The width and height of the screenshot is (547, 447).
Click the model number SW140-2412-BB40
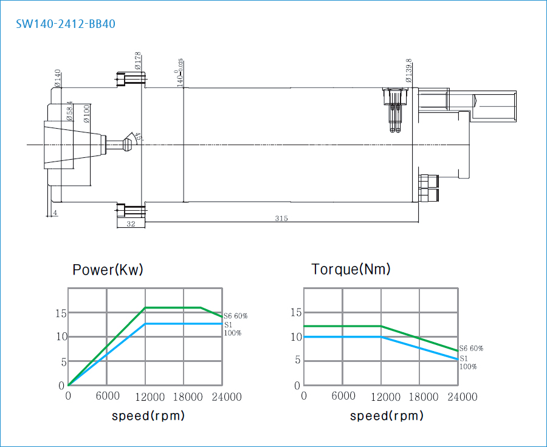66,24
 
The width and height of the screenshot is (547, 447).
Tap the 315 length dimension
281,218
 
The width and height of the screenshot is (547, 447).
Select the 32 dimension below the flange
130,224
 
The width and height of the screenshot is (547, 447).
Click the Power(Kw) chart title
108,270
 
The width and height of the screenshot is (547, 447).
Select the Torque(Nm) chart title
351,269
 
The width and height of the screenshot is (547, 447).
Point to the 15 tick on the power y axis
60,313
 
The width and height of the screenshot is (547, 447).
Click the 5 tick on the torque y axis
297,360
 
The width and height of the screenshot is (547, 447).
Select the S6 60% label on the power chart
235,316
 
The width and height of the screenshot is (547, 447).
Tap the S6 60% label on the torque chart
471,349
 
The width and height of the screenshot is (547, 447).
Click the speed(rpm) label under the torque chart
387,416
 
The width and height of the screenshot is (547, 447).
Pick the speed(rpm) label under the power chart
148,416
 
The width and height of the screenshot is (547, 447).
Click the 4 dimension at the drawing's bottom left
55,213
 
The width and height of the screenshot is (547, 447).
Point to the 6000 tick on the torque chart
343,397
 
